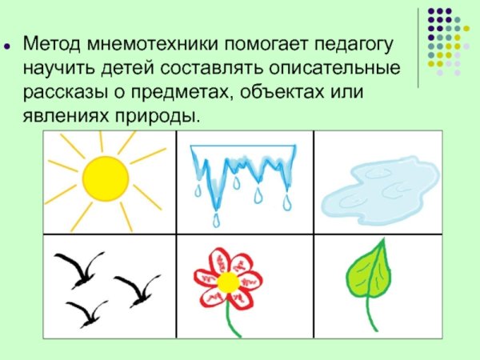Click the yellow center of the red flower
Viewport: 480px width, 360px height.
click(228, 281)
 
